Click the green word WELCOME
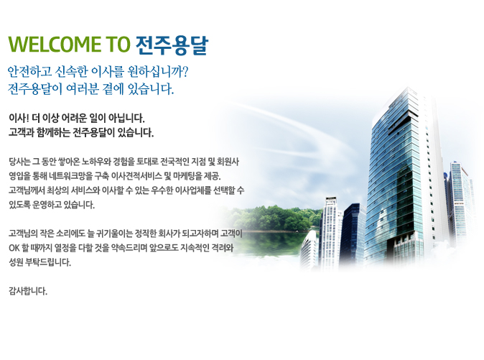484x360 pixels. pyautogui.click(x=55, y=44)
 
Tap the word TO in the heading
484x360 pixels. pyautogui.click(x=118, y=44)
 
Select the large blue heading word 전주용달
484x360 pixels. pyautogui.click(x=172, y=45)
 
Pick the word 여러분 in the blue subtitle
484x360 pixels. pyautogui.click(x=83, y=89)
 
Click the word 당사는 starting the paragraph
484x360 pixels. pyautogui.click(x=19, y=162)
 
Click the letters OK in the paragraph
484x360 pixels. pyautogui.click(x=14, y=248)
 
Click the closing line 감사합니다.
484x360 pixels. pyautogui.click(x=28, y=291)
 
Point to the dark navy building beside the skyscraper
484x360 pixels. pyautogui.click(x=353, y=234)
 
